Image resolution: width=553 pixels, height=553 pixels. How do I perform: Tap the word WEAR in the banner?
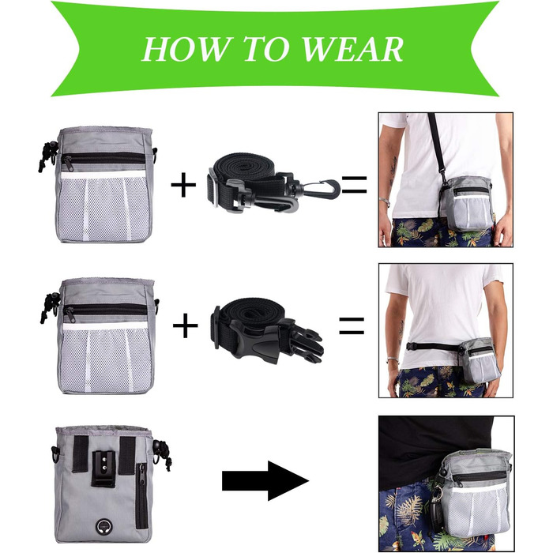[x=352, y=49]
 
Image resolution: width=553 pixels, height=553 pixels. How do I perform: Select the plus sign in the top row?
[x=183, y=184]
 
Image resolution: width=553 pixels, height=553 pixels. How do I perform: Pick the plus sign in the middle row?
[x=185, y=325]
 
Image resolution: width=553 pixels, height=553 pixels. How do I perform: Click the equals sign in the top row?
[x=355, y=185]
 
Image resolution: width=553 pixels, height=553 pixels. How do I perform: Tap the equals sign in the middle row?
[x=352, y=325]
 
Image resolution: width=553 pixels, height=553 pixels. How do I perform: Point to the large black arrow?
[x=265, y=480]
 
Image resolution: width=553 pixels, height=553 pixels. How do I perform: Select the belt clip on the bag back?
[x=104, y=469]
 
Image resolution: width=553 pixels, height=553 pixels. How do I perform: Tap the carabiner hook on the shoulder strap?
[x=319, y=189]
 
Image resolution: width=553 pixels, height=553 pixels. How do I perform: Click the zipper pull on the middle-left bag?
[x=70, y=314]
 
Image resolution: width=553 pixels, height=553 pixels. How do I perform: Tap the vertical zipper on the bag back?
[x=141, y=496]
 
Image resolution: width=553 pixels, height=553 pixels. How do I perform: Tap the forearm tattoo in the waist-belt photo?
[x=401, y=332]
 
